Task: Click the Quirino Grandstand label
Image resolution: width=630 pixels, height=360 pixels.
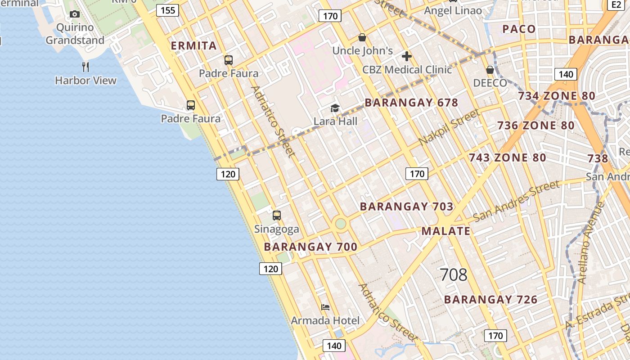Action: click(x=75, y=34)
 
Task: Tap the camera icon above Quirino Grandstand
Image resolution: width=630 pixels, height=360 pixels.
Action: click(x=75, y=14)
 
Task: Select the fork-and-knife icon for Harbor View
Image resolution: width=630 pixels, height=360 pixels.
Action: click(x=85, y=67)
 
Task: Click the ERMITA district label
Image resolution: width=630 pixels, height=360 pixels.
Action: click(x=194, y=45)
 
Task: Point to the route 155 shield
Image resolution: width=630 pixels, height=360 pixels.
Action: click(x=167, y=10)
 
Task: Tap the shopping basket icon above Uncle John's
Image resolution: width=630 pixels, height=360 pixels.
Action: click(x=362, y=37)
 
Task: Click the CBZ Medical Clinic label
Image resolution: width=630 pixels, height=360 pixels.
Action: click(x=407, y=70)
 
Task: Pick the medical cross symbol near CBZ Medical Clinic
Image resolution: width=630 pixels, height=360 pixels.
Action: click(x=407, y=56)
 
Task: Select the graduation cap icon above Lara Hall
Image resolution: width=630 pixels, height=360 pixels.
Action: click(x=335, y=108)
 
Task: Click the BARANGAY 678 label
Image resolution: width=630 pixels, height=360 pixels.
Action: click(x=411, y=103)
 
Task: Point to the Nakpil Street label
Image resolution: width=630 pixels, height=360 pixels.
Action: click(x=449, y=127)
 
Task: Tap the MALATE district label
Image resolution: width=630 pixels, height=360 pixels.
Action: click(x=446, y=231)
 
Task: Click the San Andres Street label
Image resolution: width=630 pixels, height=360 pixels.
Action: click(x=517, y=201)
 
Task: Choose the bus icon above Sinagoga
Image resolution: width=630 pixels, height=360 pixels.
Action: click(x=277, y=216)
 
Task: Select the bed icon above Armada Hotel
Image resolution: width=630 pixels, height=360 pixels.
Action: click(x=325, y=307)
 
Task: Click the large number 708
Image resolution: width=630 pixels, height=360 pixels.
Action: click(x=453, y=274)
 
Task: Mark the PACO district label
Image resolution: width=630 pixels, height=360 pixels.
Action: click(x=519, y=29)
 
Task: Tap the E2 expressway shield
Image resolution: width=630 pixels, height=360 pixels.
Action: click(x=616, y=4)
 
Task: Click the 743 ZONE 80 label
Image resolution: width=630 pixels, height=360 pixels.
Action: click(x=507, y=158)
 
